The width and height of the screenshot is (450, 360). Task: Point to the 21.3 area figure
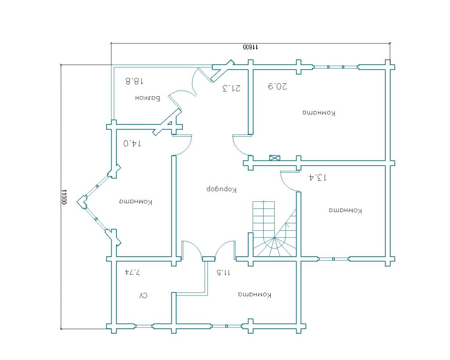(232, 88)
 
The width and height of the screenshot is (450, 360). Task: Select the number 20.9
(278, 86)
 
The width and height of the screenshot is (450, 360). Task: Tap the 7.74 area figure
(132, 272)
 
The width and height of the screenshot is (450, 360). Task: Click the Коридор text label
(221, 189)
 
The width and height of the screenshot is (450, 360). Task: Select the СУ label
(143, 295)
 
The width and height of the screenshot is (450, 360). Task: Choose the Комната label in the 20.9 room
(319, 113)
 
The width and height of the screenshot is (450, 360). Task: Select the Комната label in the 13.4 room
(345, 211)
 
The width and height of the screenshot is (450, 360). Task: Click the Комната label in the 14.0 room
(135, 202)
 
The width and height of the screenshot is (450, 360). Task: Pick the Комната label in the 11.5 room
(255, 295)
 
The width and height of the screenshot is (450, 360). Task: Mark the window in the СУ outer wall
(144, 326)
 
